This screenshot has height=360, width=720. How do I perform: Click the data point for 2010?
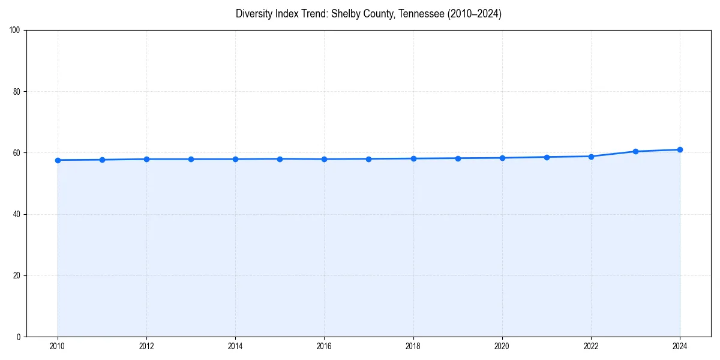[58, 160]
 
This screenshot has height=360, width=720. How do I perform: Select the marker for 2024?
[680, 149]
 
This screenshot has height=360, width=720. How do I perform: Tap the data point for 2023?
[635, 151]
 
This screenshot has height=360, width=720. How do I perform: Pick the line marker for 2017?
[368, 159]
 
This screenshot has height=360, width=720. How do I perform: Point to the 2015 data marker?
[280, 159]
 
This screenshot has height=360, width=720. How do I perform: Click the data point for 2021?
[547, 157]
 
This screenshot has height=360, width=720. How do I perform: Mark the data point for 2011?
[102, 160]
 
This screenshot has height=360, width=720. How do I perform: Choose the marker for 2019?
[458, 158]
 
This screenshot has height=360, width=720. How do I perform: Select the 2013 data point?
[191, 159]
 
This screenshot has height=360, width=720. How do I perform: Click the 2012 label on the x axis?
[146, 346]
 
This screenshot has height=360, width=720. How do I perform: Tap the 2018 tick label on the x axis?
[413, 346]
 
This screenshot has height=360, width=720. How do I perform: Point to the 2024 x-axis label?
[680, 346]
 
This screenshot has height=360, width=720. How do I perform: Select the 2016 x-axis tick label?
[324, 346]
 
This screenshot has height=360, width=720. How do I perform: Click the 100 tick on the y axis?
[15, 31]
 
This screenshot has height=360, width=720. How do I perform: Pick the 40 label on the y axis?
[17, 214]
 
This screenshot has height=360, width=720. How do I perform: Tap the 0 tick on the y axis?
[19, 337]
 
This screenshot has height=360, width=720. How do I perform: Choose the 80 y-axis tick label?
[17, 92]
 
